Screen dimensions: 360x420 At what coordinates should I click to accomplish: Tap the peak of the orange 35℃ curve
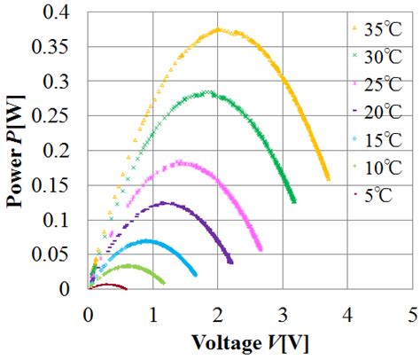(x=218, y=30)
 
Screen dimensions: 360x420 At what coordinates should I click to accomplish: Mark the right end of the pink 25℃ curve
(x=260, y=250)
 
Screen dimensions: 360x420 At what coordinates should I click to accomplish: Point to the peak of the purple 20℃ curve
(x=166, y=203)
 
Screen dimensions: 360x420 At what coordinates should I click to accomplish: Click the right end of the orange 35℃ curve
(x=328, y=179)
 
